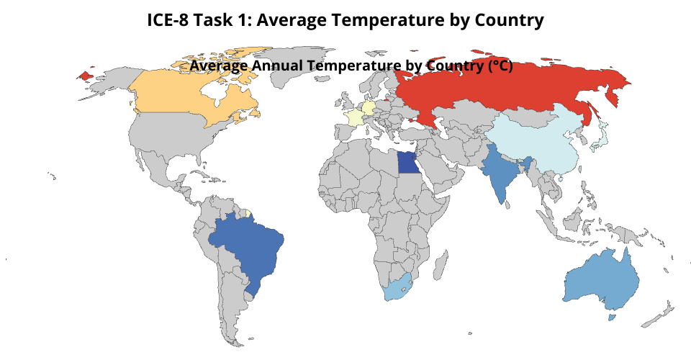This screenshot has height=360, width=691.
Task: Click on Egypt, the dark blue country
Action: pos(407,163)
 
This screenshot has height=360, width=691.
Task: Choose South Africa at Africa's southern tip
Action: pos(397,289)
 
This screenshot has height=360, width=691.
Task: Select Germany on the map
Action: pos(368,107)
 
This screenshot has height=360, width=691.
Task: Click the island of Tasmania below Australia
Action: pos(612,318)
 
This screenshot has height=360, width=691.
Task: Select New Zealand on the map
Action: pos(658,315)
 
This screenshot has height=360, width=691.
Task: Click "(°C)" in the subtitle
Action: pos(501,66)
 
